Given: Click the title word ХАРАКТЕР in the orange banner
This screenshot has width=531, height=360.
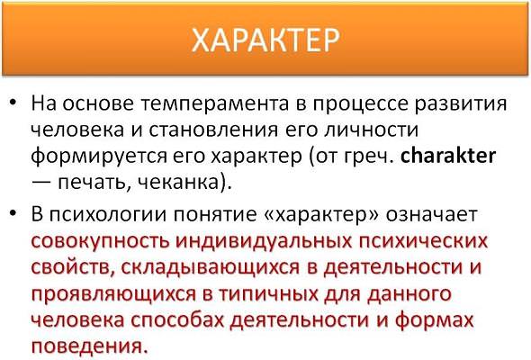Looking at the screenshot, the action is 265,40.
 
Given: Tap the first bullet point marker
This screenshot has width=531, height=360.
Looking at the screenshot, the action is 13,103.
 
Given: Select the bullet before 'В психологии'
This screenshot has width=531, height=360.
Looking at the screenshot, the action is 13,213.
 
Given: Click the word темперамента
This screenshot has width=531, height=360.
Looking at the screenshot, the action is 214,104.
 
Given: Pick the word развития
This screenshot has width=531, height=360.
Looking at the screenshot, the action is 461,104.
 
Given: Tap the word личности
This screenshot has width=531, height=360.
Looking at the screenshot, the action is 372,130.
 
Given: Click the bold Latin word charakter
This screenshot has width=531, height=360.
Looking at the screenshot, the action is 448,156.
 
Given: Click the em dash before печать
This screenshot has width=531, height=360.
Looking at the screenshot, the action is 41,183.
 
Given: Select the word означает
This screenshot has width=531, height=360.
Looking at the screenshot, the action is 431,215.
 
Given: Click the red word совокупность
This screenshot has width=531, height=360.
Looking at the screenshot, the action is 100,242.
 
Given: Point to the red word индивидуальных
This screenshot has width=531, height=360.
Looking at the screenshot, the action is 264,242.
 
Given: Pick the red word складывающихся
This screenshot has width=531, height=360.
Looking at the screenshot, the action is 211,268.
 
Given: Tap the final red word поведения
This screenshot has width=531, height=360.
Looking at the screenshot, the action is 90,346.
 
